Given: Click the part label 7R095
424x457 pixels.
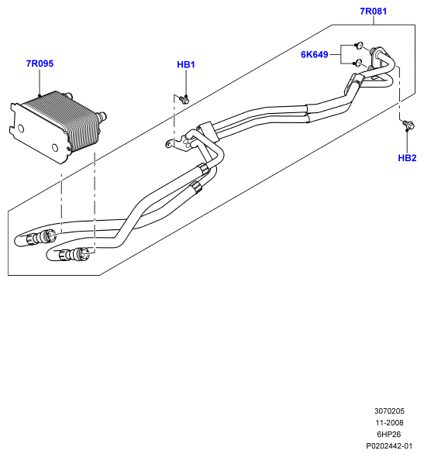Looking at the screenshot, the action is click(x=40, y=64).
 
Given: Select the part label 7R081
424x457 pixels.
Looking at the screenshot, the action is click(x=374, y=11).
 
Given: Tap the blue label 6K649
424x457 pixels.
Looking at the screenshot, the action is click(x=315, y=54).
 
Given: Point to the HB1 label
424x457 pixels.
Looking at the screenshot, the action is click(x=186, y=64).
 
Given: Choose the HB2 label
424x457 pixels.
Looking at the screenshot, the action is click(x=407, y=158).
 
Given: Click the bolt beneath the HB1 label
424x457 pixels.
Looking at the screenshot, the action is click(x=184, y=100).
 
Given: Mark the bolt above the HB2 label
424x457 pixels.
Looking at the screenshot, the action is click(x=408, y=125).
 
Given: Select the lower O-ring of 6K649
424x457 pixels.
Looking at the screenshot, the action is click(x=359, y=63).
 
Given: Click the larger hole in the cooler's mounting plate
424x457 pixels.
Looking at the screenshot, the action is click(x=21, y=129).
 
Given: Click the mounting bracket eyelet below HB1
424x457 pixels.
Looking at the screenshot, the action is click(x=169, y=144).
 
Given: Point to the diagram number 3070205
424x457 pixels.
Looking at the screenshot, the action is click(x=389, y=411).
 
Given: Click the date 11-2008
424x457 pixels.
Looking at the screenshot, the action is click(x=389, y=423).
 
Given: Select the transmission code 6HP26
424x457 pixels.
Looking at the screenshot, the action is click(x=389, y=435).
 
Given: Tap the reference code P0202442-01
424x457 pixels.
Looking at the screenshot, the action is click(x=389, y=446).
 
